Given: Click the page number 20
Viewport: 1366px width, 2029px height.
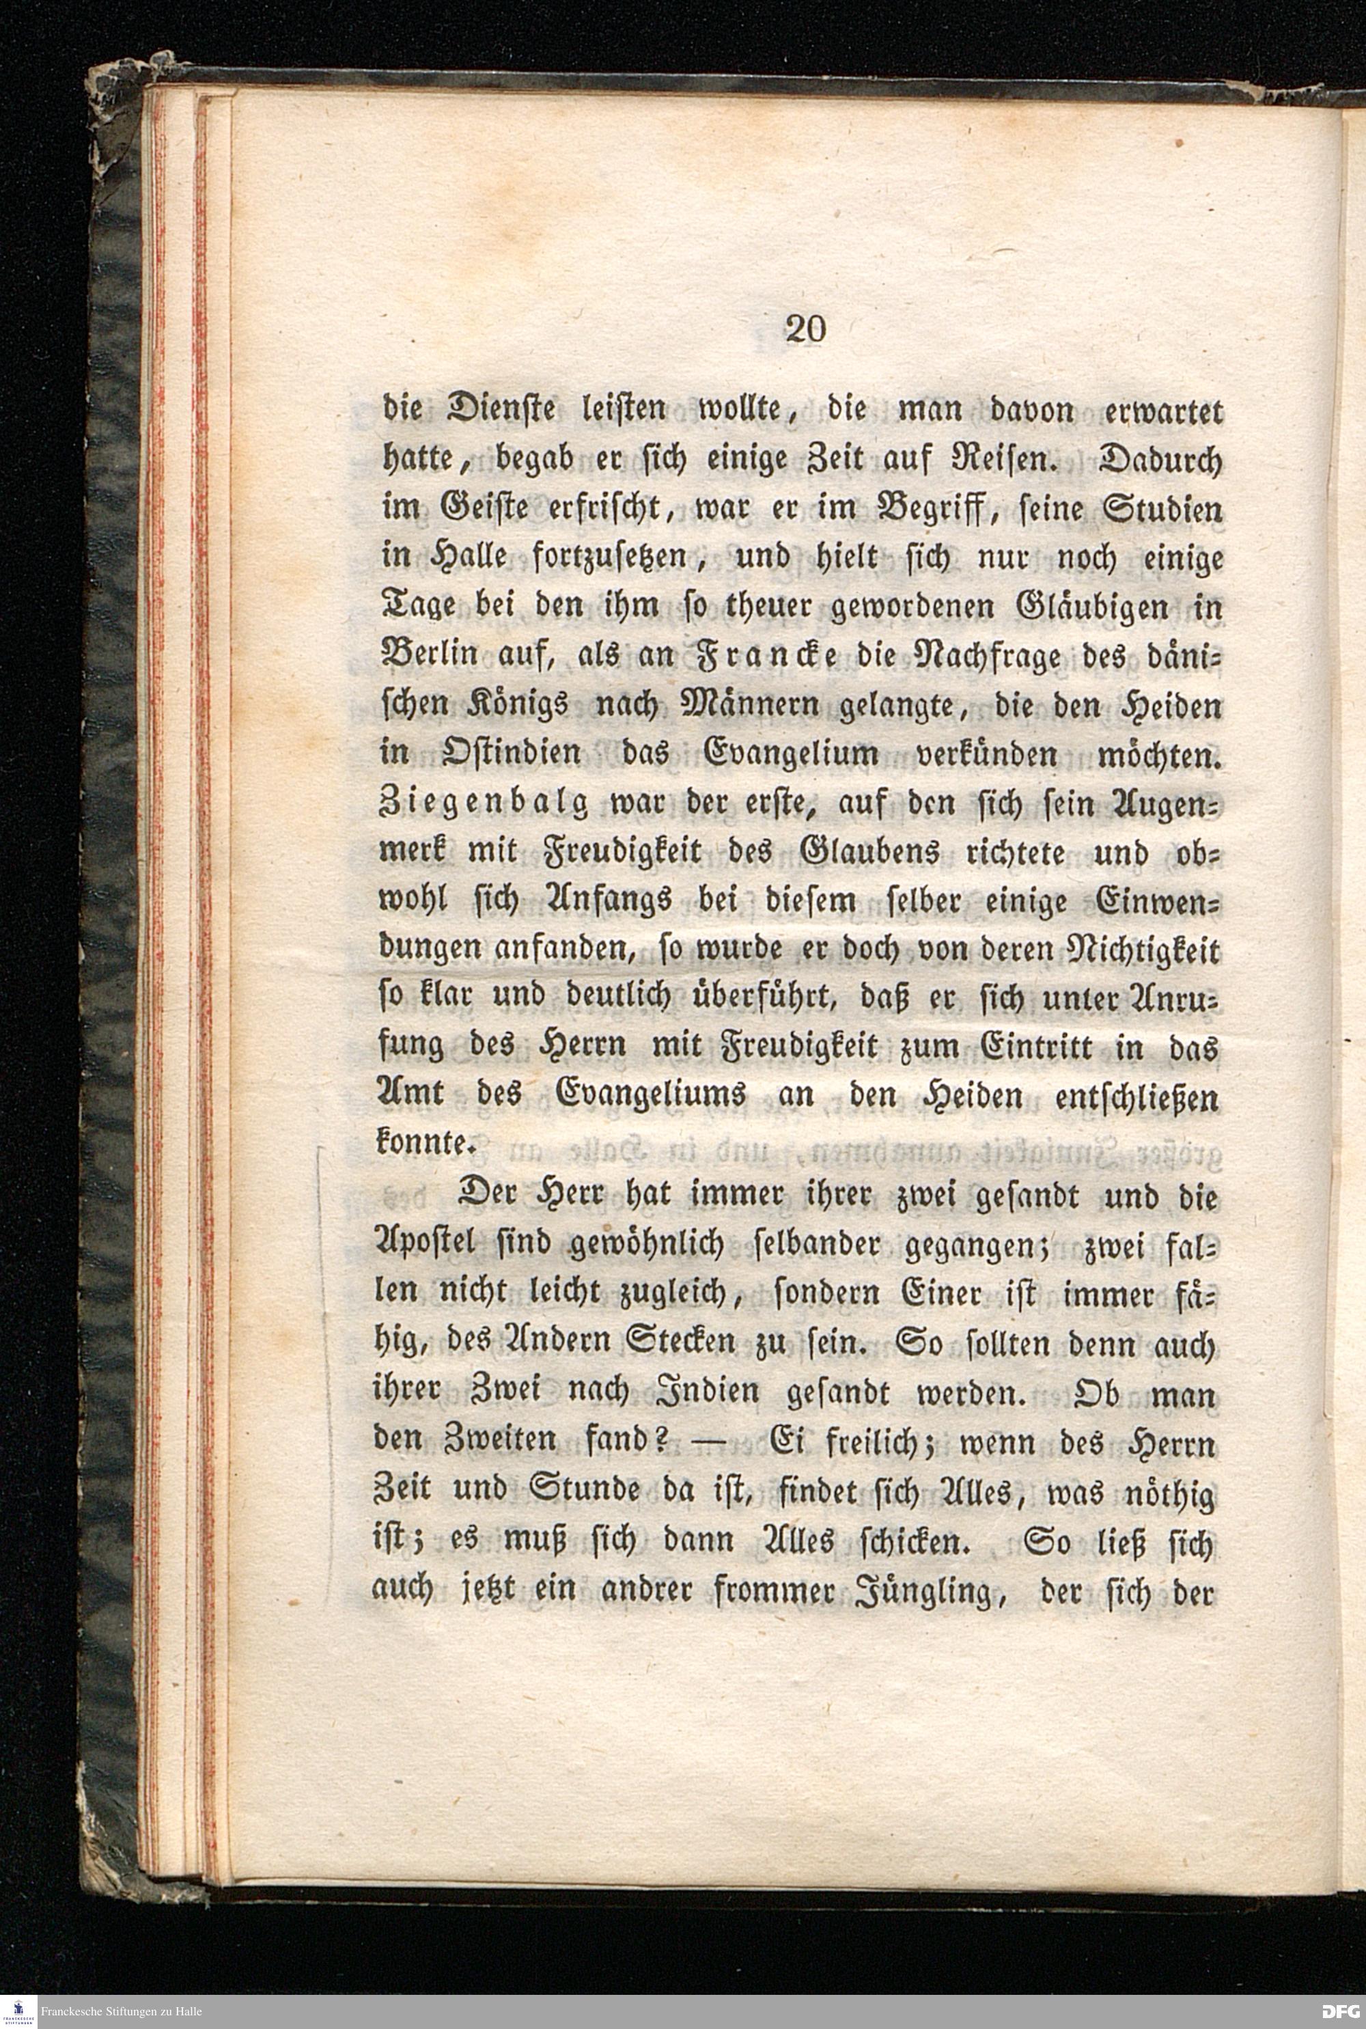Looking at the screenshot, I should pyautogui.click(x=805, y=329).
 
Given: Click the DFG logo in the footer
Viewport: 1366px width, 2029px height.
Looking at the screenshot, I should pyautogui.click(x=1339, y=2011).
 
